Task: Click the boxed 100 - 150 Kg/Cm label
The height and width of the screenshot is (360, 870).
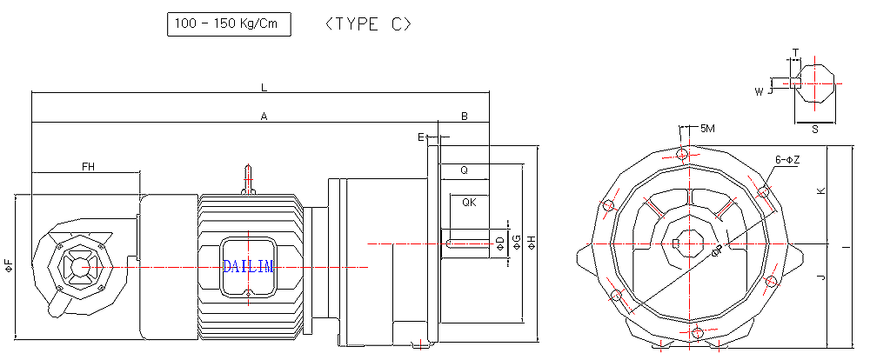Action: click(x=228, y=24)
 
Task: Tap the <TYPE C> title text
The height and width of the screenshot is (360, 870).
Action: click(x=367, y=24)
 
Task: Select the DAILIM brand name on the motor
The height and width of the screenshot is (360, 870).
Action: click(x=248, y=266)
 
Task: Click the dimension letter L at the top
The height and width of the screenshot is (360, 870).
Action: click(x=264, y=88)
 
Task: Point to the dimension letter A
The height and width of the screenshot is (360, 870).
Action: click(x=264, y=116)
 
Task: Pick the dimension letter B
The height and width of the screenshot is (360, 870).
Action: click(x=465, y=116)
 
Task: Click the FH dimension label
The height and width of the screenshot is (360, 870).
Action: click(x=88, y=165)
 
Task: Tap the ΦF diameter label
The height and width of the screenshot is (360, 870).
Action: click(x=9, y=266)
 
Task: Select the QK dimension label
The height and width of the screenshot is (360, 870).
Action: click(x=469, y=202)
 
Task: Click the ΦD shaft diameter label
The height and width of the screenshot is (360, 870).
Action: click(x=499, y=241)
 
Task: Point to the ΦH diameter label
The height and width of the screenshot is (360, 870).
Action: click(x=531, y=241)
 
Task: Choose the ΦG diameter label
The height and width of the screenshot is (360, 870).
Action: click(x=516, y=241)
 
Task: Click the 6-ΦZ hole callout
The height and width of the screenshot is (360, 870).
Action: click(x=786, y=159)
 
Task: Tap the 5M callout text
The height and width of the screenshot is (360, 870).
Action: click(x=707, y=129)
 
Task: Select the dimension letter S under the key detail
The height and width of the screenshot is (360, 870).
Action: click(x=814, y=129)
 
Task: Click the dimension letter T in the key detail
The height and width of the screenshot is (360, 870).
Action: click(x=795, y=53)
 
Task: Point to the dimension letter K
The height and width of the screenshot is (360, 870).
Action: click(x=820, y=190)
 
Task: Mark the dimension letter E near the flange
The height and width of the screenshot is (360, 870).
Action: click(x=421, y=137)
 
